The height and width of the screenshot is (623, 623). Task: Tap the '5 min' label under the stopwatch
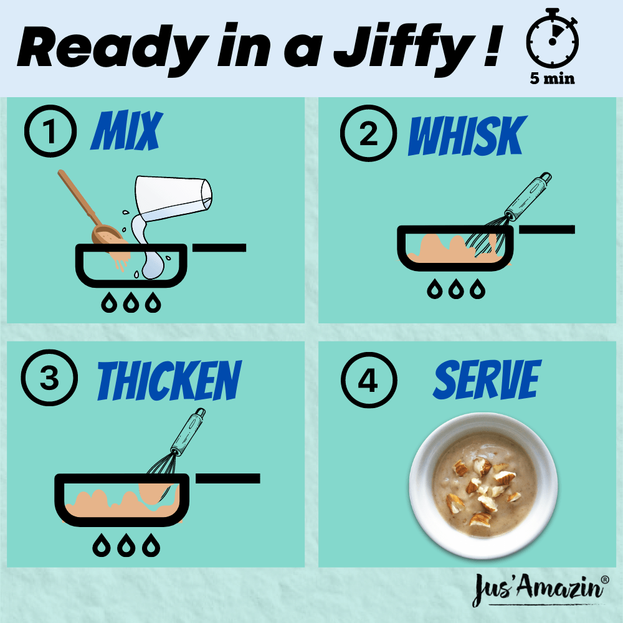(x=552, y=78)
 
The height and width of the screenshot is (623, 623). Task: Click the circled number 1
(x=50, y=131)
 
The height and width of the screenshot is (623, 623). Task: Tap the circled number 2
(x=368, y=133)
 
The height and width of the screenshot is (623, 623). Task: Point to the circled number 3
(x=49, y=378)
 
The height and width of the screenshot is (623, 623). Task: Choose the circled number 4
(x=369, y=380)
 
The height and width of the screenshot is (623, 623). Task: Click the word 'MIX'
(x=126, y=130)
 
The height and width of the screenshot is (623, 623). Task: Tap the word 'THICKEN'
(x=169, y=380)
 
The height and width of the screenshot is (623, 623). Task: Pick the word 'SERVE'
(x=488, y=379)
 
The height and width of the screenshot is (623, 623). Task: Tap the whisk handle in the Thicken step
(x=188, y=432)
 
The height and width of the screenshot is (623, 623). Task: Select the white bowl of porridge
(x=483, y=485)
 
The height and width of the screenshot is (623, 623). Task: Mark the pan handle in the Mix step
(x=219, y=247)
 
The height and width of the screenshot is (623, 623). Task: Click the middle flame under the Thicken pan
(x=126, y=545)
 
